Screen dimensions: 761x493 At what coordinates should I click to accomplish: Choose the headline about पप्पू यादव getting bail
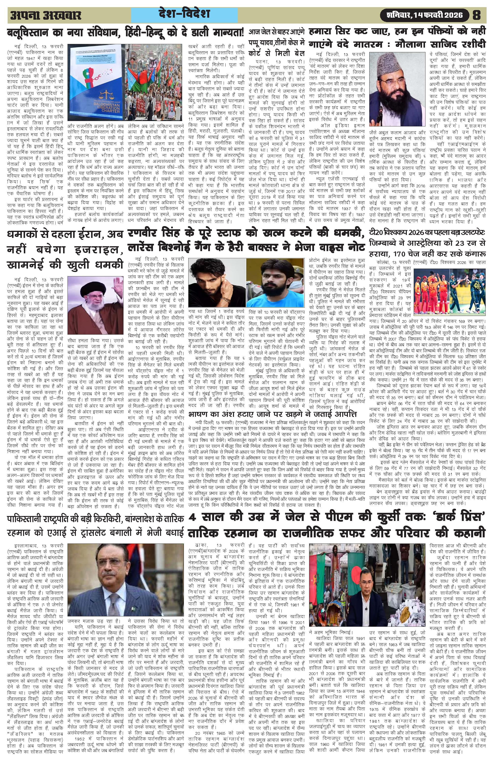coord(278,41)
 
